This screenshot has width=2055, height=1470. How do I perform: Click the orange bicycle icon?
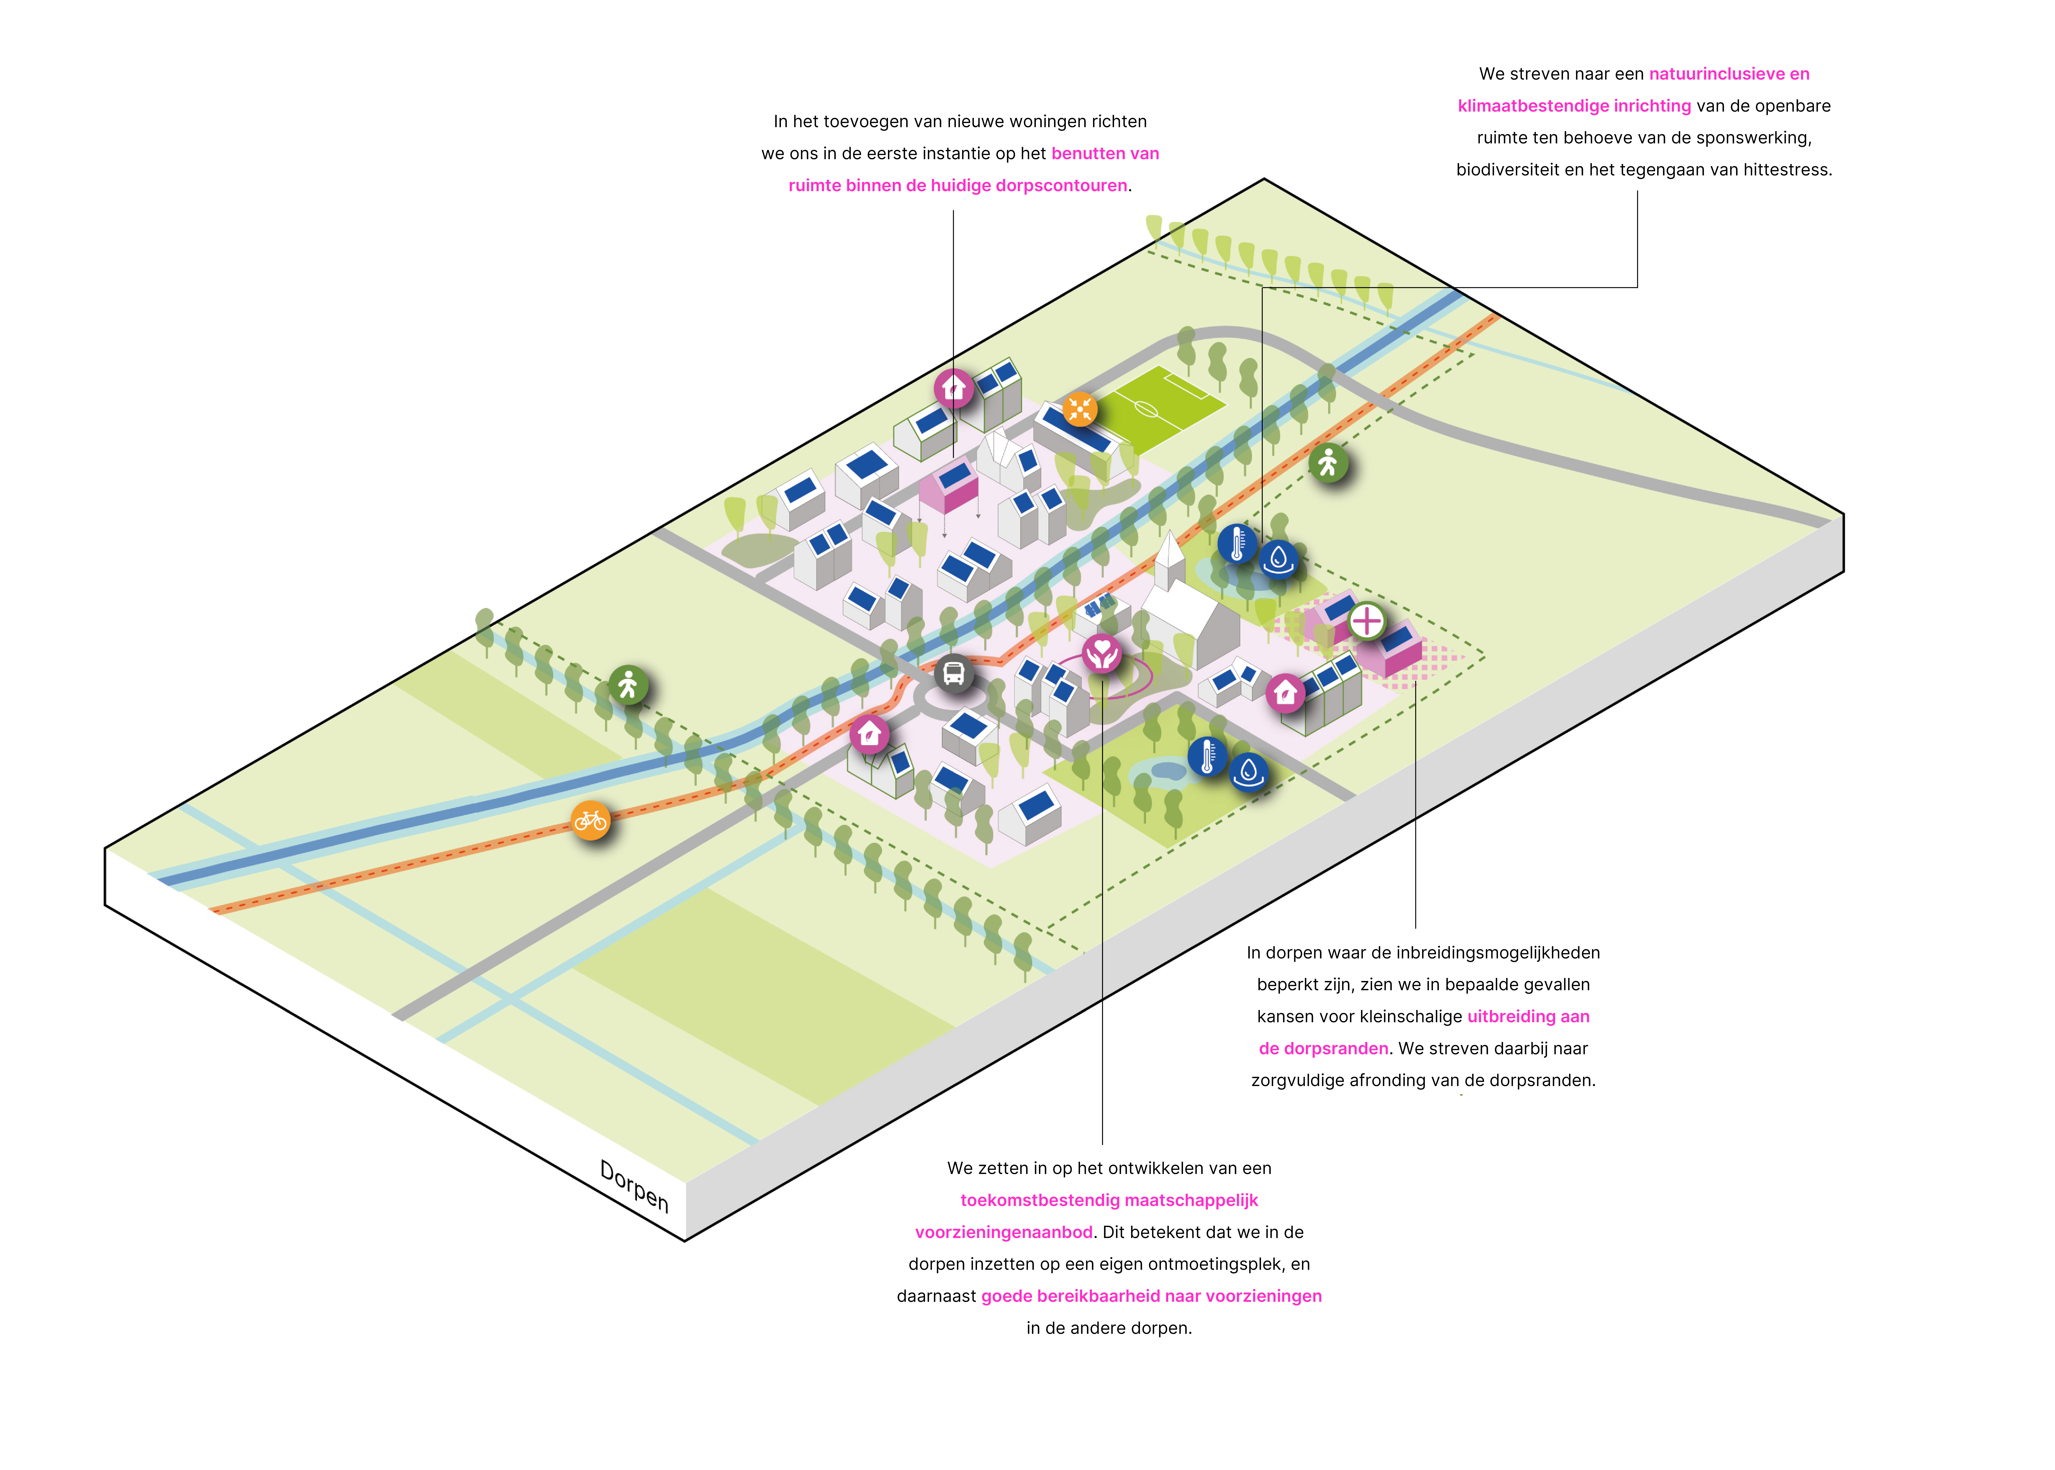(x=590, y=820)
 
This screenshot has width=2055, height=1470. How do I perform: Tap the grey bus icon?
(x=954, y=673)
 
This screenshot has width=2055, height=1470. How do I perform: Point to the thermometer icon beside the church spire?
(x=1237, y=544)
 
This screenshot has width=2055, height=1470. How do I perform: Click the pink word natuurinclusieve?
(x=1716, y=74)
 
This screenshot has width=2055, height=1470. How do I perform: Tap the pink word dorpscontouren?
(x=1062, y=186)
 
